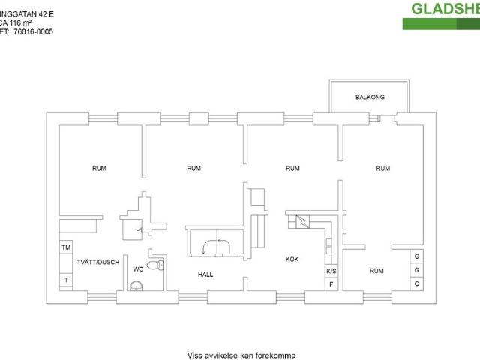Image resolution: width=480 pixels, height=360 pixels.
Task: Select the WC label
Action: click(x=138, y=268)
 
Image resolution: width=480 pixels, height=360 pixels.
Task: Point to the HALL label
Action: click(x=205, y=274)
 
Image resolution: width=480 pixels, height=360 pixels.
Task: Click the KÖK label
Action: click(x=292, y=259)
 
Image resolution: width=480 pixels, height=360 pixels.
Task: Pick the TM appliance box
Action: click(x=66, y=247)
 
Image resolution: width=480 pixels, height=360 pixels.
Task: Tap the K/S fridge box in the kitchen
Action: click(x=330, y=271)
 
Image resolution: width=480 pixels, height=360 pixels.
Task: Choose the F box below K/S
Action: click(x=330, y=283)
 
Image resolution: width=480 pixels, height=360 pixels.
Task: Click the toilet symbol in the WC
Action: click(x=154, y=265)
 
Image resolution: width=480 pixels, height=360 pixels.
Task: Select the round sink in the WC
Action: click(x=136, y=284)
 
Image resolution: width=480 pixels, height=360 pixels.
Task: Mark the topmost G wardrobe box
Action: click(x=416, y=256)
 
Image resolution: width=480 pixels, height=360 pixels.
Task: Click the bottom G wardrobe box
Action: click(x=416, y=283)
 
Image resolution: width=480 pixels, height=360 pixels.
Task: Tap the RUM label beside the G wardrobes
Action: click(x=376, y=270)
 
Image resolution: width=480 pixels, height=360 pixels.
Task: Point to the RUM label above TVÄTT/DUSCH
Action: click(x=99, y=169)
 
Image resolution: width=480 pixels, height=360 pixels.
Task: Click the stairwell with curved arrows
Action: click(x=214, y=242)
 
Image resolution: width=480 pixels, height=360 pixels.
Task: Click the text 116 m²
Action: click(x=14, y=23)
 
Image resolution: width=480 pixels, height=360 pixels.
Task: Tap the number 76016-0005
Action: click(x=33, y=32)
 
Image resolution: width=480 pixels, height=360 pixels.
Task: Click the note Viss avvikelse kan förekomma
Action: click(x=241, y=355)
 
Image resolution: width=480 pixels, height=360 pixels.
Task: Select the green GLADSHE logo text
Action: click(x=444, y=9)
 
